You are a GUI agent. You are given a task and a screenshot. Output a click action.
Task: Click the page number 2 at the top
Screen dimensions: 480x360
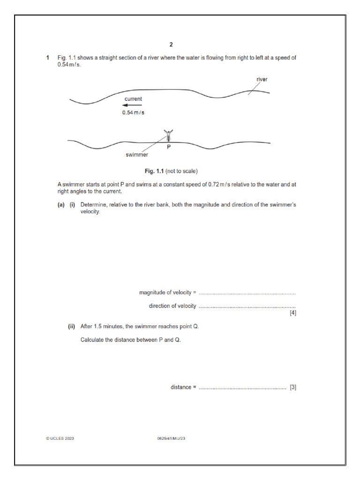coord(171,45)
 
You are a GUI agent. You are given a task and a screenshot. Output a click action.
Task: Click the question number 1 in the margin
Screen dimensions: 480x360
coord(47,58)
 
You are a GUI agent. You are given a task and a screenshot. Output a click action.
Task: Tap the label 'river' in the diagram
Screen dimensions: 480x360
coord(262,80)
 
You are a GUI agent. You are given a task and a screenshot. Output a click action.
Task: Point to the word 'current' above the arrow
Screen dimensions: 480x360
coord(133,99)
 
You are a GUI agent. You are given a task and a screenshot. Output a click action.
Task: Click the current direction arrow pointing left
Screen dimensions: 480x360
coord(132,105)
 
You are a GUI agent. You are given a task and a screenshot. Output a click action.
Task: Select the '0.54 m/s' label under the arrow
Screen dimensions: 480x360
coord(134,113)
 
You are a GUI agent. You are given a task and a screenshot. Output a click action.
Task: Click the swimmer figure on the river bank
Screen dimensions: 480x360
coord(168,135)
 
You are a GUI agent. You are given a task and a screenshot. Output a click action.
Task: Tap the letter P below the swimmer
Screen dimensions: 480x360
coord(169,147)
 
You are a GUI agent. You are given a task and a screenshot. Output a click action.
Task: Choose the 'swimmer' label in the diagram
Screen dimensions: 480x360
coord(137,154)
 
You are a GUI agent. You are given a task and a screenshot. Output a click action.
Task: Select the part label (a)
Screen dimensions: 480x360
coord(61,205)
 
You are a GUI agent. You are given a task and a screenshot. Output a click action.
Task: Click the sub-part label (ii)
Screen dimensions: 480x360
coord(72,327)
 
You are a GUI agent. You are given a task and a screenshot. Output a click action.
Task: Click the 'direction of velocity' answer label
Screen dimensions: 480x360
coord(172,306)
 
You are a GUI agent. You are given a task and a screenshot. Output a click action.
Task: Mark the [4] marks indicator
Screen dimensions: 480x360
coord(292,313)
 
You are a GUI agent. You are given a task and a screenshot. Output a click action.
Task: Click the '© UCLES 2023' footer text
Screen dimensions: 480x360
coord(60,438)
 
